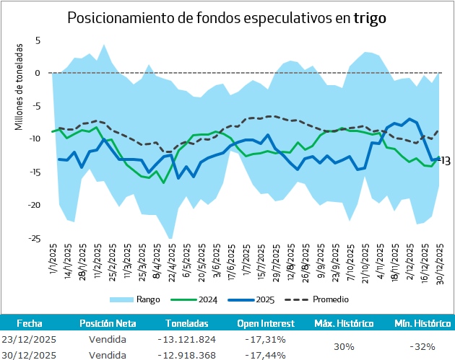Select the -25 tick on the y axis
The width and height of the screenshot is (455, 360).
(x=35, y=238)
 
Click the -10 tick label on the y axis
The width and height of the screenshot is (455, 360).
(x=35, y=139)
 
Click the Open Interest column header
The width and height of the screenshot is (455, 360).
(x=266, y=325)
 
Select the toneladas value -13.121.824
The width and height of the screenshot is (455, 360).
(x=186, y=339)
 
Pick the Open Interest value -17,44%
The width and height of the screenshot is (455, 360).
(x=265, y=355)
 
